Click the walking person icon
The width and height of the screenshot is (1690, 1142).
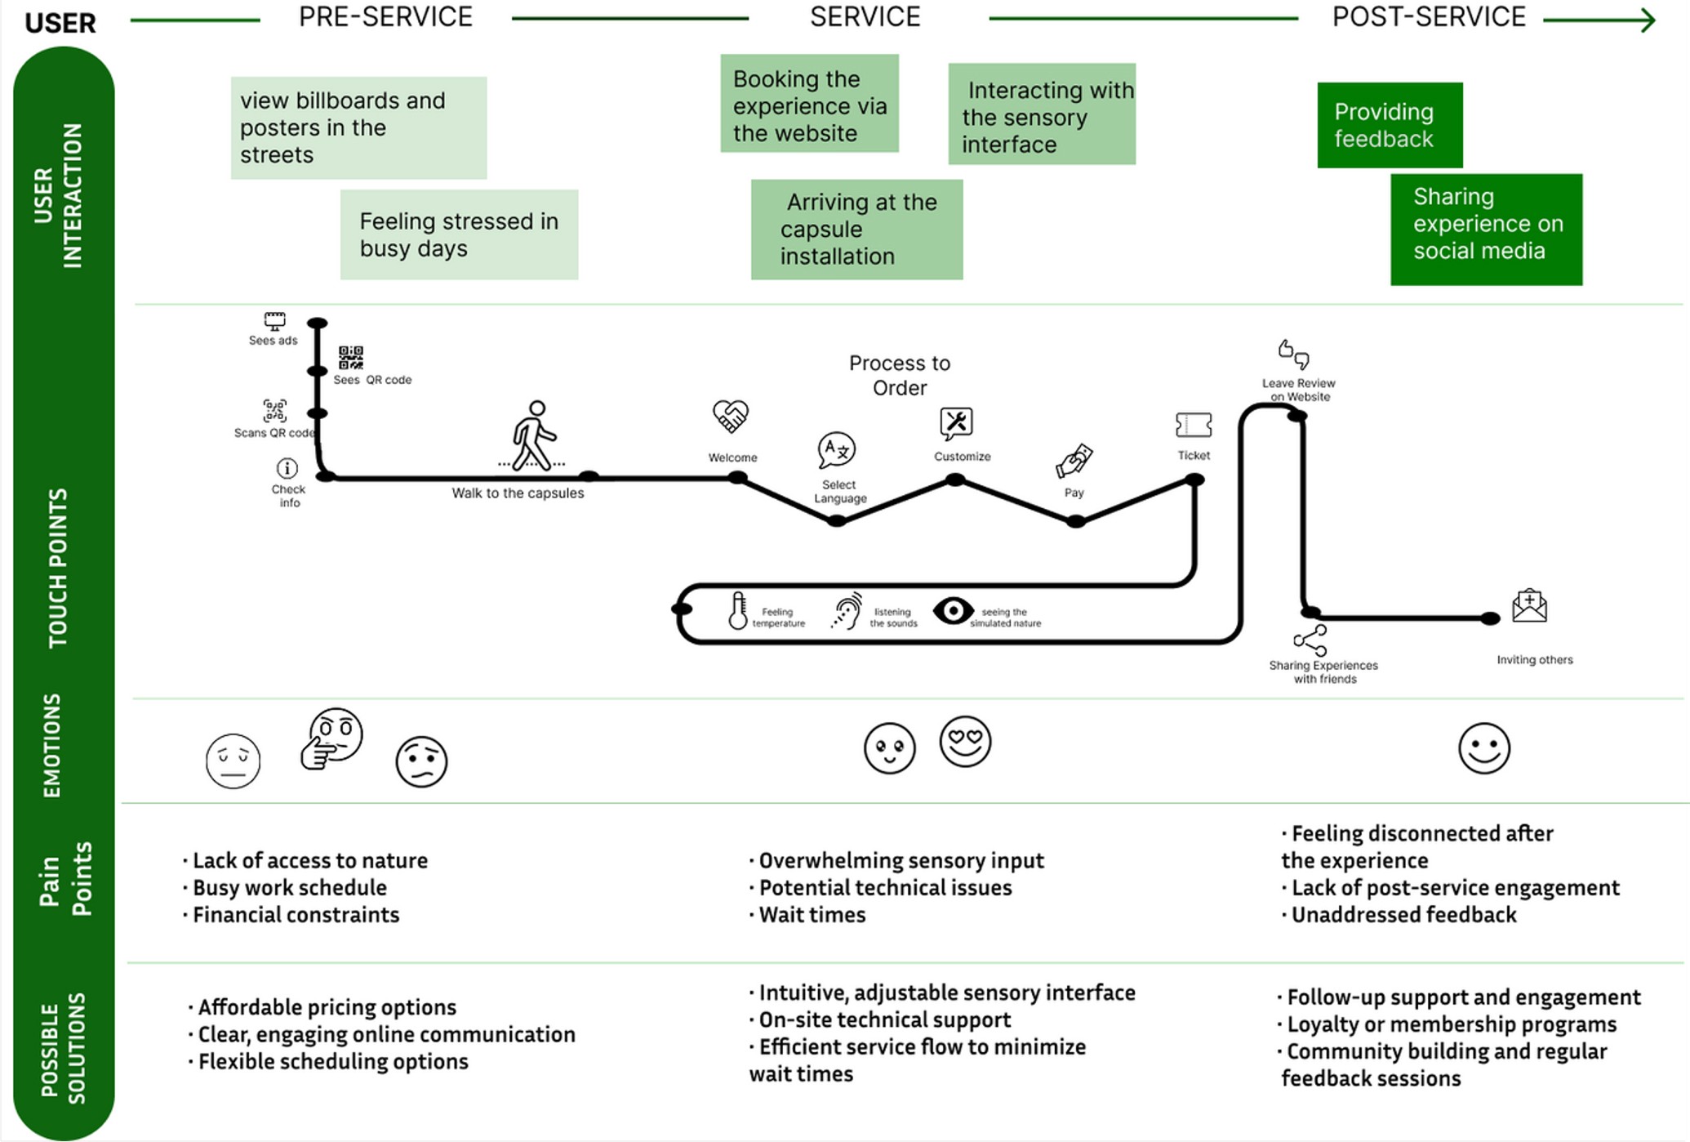pyautogui.click(x=534, y=435)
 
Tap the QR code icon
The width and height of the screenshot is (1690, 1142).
pyautogui.click(x=351, y=357)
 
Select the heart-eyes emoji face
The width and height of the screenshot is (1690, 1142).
pyautogui.click(x=965, y=741)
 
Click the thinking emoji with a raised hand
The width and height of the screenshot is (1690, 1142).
pyautogui.click(x=331, y=738)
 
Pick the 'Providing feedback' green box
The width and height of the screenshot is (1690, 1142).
pyautogui.click(x=1390, y=125)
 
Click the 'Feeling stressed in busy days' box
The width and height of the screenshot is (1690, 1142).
pyautogui.click(x=459, y=234)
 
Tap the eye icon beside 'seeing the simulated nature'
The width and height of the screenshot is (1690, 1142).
pyautogui.click(x=953, y=610)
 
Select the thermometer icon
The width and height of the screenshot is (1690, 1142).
pyautogui.click(x=737, y=610)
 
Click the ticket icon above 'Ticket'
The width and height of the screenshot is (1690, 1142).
pyautogui.click(x=1193, y=425)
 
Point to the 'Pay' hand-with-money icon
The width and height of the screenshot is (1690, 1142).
pyautogui.click(x=1074, y=462)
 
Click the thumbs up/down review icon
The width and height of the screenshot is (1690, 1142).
pyautogui.click(x=1293, y=354)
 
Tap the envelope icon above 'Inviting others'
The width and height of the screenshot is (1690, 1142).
pyautogui.click(x=1529, y=606)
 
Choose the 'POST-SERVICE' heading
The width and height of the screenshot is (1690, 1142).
pyautogui.click(x=1428, y=17)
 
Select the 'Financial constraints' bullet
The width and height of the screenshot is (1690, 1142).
pyautogui.click(x=295, y=915)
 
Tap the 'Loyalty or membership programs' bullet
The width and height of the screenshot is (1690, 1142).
pyautogui.click(x=1450, y=1024)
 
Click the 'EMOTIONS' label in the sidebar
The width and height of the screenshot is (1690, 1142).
pyautogui.click(x=51, y=745)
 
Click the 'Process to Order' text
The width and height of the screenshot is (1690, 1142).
pyautogui.click(x=899, y=375)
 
